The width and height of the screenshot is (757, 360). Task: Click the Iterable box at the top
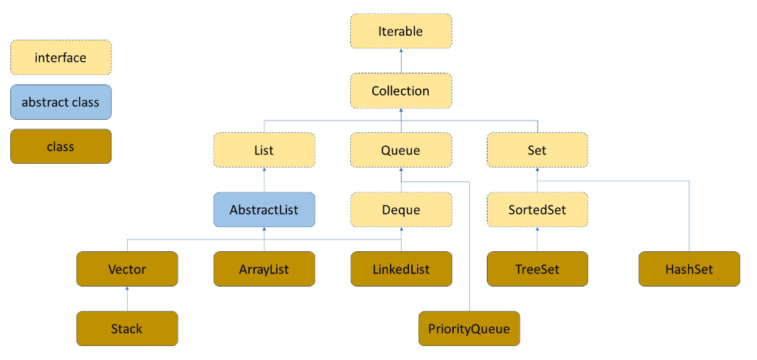click(x=400, y=32)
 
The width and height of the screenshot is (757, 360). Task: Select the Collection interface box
click(x=400, y=91)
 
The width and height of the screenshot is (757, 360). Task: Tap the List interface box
click(x=264, y=151)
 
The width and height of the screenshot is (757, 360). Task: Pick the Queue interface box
click(x=400, y=151)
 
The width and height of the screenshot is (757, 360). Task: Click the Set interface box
click(x=537, y=151)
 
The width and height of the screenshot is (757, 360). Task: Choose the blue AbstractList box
click(x=264, y=210)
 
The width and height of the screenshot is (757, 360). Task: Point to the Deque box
click(x=400, y=210)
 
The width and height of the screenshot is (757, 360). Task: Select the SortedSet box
click(x=537, y=210)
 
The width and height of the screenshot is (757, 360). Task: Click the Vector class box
click(x=127, y=269)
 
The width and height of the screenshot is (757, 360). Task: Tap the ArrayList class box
click(x=264, y=269)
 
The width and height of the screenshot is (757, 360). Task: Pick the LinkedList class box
click(x=400, y=269)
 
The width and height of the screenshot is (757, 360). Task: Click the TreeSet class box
click(x=537, y=269)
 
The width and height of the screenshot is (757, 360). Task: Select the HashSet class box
click(x=689, y=269)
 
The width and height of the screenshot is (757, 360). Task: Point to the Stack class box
click(x=127, y=328)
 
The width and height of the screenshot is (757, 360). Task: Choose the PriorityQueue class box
click(x=468, y=328)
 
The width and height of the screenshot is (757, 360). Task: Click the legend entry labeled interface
click(x=60, y=57)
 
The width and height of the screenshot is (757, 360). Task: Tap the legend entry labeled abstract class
click(x=60, y=102)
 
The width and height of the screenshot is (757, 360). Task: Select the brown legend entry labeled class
click(x=60, y=146)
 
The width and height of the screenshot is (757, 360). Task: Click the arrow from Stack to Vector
click(x=127, y=299)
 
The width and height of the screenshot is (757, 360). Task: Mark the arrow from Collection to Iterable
click(x=400, y=61)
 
